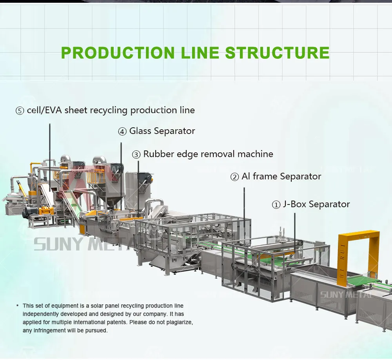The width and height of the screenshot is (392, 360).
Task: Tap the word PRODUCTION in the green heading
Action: click(x=118, y=52)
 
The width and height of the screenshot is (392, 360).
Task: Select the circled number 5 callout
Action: click(x=20, y=111)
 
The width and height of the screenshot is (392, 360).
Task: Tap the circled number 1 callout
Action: click(x=276, y=205)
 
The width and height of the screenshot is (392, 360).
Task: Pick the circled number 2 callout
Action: click(x=234, y=177)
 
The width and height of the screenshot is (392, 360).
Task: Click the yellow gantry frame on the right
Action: click(x=358, y=237)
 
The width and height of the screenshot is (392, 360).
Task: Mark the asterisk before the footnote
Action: click(x=17, y=306)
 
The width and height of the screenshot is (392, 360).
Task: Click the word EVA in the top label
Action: click(x=54, y=110)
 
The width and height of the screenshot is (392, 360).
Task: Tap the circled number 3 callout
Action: click(x=136, y=155)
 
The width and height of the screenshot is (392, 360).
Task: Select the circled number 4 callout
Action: click(x=122, y=132)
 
